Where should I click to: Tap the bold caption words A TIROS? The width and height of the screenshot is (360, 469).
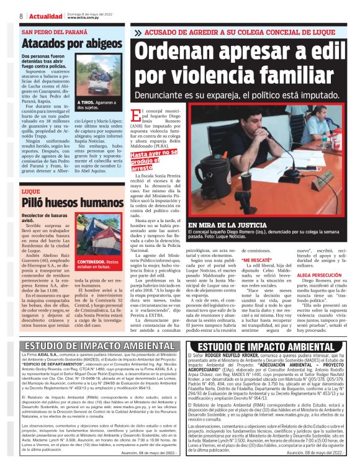[86, 102]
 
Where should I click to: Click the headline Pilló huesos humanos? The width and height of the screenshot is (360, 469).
[63, 202]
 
